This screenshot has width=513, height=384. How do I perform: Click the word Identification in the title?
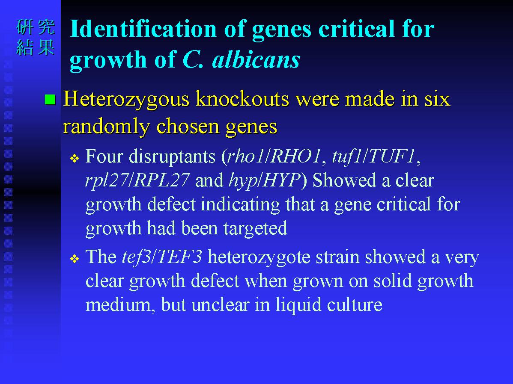pyautogui.click(x=143, y=29)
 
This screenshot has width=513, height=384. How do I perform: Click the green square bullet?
pyautogui.click(x=50, y=99)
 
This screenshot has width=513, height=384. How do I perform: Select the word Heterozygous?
pyautogui.click(x=126, y=100)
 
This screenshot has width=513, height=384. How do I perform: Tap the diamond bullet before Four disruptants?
pyautogui.click(x=75, y=159)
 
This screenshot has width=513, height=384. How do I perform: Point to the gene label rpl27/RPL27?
pyautogui.click(x=137, y=180)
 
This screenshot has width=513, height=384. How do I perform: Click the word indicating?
pyautogui.click(x=240, y=205)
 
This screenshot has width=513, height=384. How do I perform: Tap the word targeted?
pyautogui.click(x=255, y=228)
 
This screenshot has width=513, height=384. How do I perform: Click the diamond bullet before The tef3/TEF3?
pyautogui.click(x=75, y=259)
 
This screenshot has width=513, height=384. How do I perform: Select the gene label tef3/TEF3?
pyautogui.click(x=161, y=257)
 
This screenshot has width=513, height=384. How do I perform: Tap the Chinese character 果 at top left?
pyautogui.click(x=46, y=47)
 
